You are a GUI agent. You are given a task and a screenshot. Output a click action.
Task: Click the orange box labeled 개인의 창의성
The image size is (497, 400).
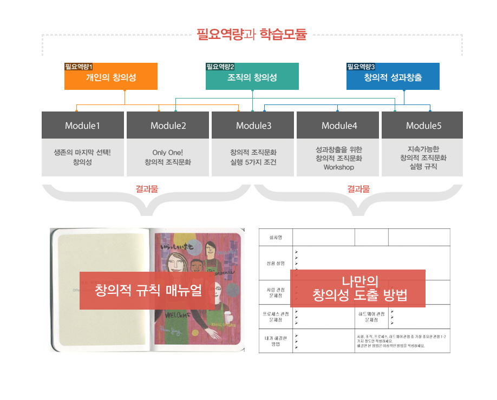(110, 77)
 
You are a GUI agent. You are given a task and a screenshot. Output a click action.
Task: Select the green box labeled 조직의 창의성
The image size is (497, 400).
(252, 77)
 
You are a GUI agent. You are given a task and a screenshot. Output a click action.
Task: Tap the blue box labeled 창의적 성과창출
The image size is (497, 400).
(393, 77)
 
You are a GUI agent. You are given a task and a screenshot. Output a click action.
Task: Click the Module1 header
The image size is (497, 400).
(82, 126)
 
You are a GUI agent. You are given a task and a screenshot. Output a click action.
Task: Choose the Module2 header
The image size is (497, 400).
(168, 126)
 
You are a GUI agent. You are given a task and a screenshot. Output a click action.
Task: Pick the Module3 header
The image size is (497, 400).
(253, 126)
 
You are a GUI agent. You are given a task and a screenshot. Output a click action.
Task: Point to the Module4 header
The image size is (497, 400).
(339, 126)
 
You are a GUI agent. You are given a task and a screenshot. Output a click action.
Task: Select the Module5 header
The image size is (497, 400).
(423, 126)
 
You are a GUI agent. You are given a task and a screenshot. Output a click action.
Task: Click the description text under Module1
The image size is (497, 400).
(82, 157)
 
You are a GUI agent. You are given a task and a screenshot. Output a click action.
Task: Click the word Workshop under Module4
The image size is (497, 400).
(339, 167)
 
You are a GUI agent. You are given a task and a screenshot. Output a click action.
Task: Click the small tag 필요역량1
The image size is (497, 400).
(79, 67)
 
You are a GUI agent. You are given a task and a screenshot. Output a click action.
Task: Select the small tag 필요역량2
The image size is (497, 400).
(220, 67)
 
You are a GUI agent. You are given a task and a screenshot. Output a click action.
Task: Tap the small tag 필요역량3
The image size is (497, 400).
(361, 67)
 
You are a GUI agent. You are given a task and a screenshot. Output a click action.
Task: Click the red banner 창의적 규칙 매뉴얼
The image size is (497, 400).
(148, 290)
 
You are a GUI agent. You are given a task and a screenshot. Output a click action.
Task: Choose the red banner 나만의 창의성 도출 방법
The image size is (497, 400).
(357, 288)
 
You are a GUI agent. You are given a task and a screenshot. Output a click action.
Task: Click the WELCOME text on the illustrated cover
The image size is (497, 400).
(176, 316)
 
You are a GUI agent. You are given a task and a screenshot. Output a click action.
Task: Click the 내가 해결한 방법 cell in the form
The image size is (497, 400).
(276, 341)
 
